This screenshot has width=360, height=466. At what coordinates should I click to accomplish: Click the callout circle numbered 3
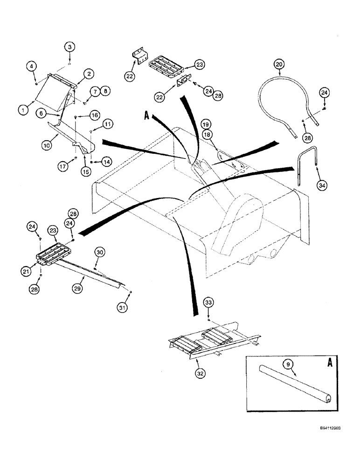69,47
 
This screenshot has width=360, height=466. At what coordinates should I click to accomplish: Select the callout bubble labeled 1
21,110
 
